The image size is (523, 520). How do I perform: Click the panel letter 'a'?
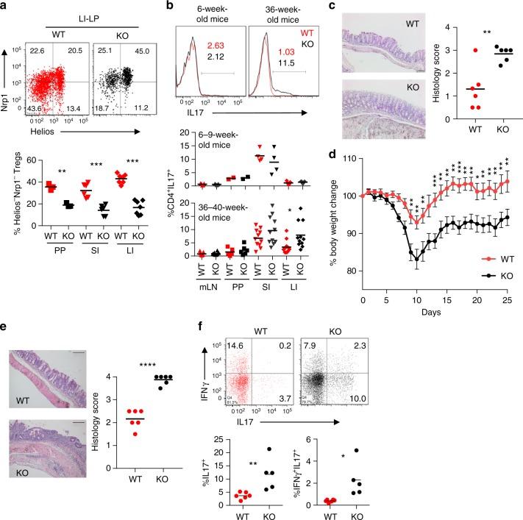click(x=6, y=7)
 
